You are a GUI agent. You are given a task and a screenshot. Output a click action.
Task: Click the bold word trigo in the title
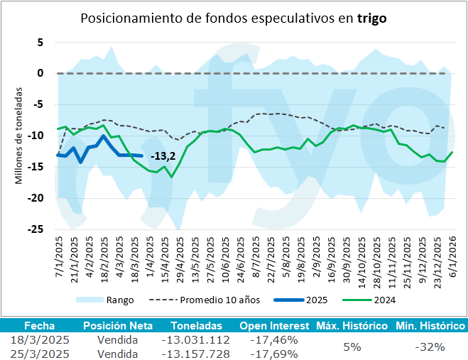tap(373, 18)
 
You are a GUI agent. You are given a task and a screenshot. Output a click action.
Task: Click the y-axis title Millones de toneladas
tap(19, 136)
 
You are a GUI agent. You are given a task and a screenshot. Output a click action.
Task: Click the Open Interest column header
tap(273, 326)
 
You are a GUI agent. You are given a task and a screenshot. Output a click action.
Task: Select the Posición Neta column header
tap(117, 326)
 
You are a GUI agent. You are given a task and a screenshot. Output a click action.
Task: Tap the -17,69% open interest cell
tap(274, 353)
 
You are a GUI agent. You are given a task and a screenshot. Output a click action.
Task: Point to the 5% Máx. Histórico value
tap(352, 347)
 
